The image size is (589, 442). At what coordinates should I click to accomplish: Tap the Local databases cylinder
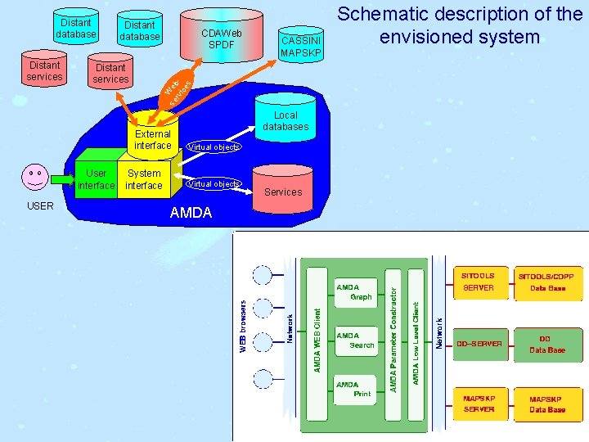tap(286, 120)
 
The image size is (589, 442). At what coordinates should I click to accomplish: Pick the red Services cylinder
tap(283, 187)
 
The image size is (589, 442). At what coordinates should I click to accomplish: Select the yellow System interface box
tap(144, 178)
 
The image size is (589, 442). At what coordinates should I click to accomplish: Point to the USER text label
tap(40, 205)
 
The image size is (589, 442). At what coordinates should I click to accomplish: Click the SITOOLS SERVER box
tap(479, 282)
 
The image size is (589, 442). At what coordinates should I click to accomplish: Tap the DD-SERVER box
tap(479, 344)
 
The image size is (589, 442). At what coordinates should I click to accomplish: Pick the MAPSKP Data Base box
tap(546, 404)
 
